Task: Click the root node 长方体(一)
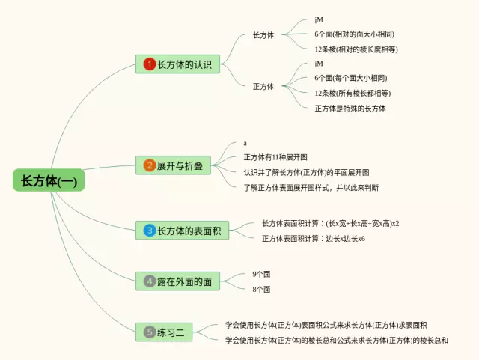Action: coord(49,180)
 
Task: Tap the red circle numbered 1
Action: coord(149,64)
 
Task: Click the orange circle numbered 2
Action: coord(149,165)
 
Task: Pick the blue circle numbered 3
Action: coord(149,231)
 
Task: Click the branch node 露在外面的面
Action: coord(184,281)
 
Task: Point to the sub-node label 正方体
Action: coord(263,86)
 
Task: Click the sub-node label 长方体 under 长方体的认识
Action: coord(263,35)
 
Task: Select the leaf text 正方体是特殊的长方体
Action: coord(350,108)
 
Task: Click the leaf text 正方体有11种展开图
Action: coord(275,157)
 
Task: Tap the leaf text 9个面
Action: coord(261,274)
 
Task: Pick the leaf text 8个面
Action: coord(261,289)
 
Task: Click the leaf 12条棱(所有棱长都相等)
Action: coord(353,93)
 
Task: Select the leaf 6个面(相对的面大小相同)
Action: coord(355,34)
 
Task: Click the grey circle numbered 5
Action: coord(149,332)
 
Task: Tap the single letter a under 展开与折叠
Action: coord(245,143)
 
